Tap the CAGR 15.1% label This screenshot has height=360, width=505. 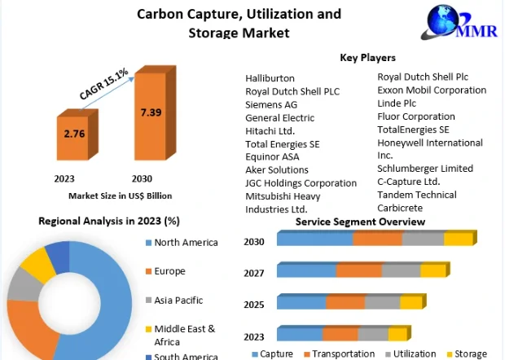point(103,85)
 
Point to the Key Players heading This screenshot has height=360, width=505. point(367,58)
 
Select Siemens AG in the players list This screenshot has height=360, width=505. point(271,104)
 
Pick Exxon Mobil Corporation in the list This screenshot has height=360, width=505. point(432,90)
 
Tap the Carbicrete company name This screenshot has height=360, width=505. point(400,208)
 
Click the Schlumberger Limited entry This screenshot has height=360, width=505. point(425,168)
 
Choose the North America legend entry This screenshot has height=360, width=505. point(187,242)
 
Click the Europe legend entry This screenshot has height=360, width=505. point(169,271)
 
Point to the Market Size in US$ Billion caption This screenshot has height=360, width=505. point(120,195)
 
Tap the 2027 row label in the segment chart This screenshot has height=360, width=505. point(254,273)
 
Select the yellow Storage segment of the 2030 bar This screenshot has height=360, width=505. point(458,239)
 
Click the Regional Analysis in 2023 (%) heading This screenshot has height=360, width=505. point(109,221)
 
